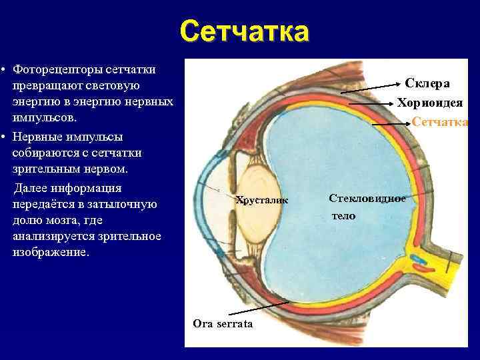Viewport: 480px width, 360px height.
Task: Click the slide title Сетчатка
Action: click(x=244, y=31)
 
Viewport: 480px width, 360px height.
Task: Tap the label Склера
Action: click(x=427, y=83)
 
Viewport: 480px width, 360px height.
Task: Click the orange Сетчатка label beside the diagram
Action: click(x=440, y=121)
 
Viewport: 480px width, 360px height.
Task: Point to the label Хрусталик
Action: click(x=262, y=199)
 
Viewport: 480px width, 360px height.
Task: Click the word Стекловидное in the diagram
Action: click(x=367, y=198)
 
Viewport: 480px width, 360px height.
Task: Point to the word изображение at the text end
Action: click(x=50, y=253)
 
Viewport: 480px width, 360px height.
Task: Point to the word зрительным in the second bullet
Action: click(x=41, y=169)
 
